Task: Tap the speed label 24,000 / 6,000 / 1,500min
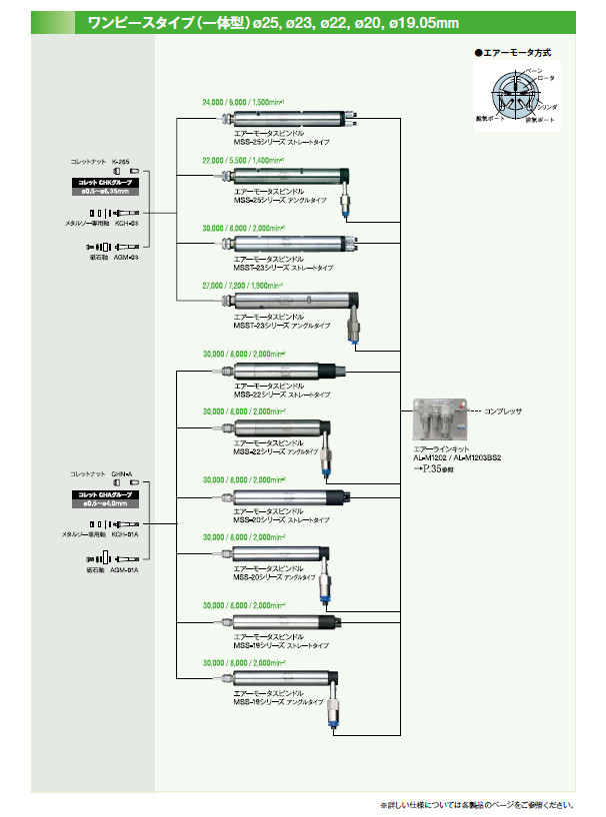(242, 102)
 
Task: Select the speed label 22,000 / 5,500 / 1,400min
(242, 160)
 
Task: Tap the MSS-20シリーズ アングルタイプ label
(275, 577)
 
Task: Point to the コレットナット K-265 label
(100, 161)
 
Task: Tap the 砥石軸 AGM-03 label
(110, 259)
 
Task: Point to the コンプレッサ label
(505, 410)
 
